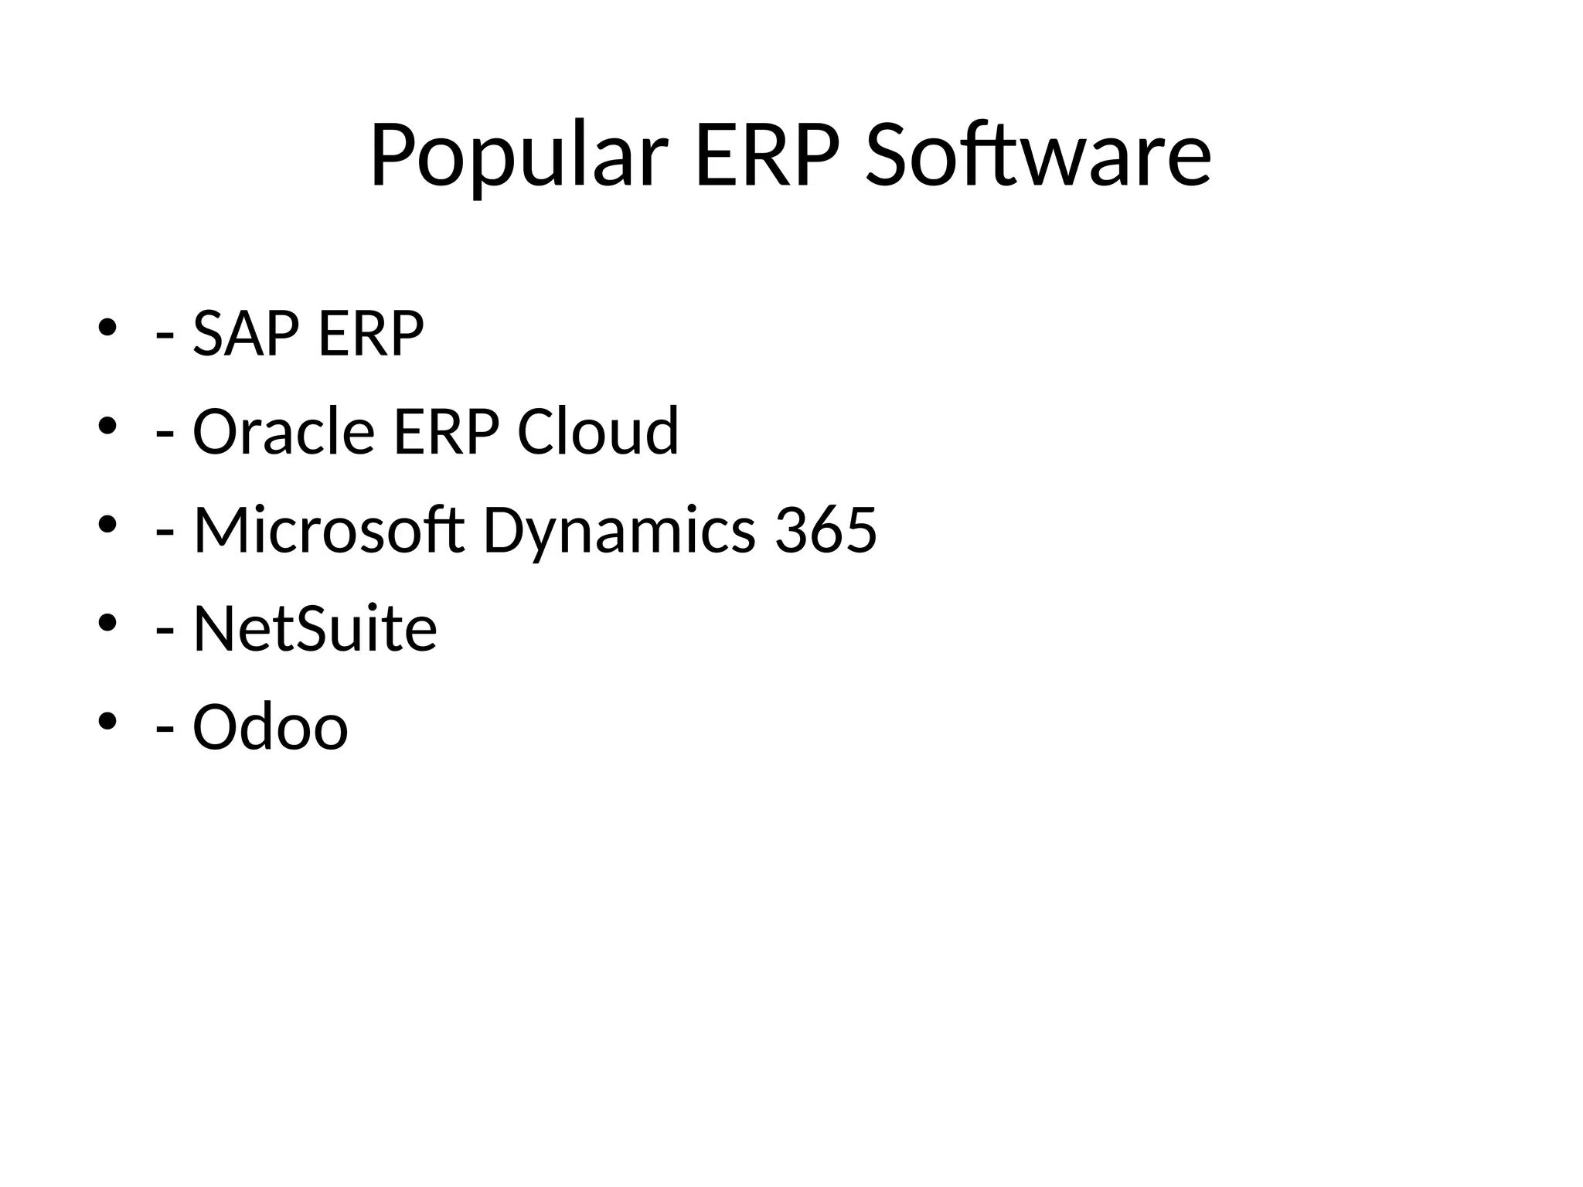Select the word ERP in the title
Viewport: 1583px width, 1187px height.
[x=767, y=156]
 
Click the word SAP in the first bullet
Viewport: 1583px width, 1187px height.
[x=245, y=333]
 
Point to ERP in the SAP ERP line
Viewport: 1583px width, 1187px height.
[x=371, y=333]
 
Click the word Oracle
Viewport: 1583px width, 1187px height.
[x=284, y=431]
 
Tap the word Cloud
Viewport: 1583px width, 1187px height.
[x=597, y=431]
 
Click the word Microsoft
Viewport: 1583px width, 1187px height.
[x=329, y=530]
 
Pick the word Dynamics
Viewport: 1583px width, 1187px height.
[x=619, y=530]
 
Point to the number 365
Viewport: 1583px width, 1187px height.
[x=826, y=530]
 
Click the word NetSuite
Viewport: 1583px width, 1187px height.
[x=315, y=628]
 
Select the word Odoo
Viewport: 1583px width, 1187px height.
[x=271, y=726]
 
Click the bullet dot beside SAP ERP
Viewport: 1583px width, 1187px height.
[x=107, y=328]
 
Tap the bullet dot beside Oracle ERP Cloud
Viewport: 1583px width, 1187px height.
[x=107, y=426]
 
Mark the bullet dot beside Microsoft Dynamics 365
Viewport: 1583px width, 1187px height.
[x=107, y=525]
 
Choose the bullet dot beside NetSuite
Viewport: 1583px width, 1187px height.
[x=107, y=623]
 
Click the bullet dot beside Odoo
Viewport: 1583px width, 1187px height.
[x=107, y=721]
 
